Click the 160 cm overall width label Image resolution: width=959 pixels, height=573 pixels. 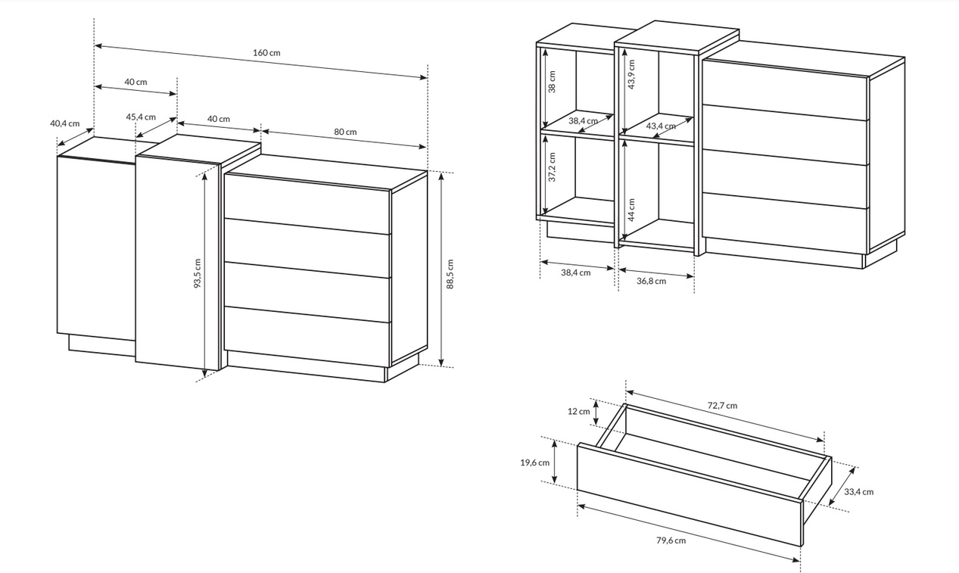[x=266, y=53]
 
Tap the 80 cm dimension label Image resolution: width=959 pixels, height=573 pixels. [x=345, y=132]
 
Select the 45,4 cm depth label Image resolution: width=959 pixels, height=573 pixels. [x=141, y=117]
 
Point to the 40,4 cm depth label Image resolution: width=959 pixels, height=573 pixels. [x=64, y=123]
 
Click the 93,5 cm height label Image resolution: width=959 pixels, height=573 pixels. [x=198, y=272]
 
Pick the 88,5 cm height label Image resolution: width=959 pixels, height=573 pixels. [x=450, y=274]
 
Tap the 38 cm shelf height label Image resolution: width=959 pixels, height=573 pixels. [x=552, y=82]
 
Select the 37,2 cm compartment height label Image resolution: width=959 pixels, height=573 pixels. [x=552, y=167]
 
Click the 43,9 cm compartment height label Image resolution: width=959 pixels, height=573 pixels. [x=631, y=74]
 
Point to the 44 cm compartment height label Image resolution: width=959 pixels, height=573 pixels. [x=631, y=210]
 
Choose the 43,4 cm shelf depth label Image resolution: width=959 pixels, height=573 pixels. [x=661, y=126]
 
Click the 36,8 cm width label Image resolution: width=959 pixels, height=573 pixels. [x=651, y=281]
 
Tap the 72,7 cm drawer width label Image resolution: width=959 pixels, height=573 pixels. [x=722, y=405]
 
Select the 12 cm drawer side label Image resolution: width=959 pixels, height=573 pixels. [x=578, y=411]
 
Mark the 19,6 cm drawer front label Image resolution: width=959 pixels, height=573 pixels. [x=534, y=462]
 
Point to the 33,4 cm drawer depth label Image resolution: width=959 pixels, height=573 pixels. [x=858, y=492]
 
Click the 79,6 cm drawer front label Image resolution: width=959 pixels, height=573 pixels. [x=671, y=540]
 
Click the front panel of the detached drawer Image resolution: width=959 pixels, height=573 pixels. [x=690, y=494]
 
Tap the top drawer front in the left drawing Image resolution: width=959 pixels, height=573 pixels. [x=307, y=204]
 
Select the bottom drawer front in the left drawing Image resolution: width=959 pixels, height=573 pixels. [x=307, y=336]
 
